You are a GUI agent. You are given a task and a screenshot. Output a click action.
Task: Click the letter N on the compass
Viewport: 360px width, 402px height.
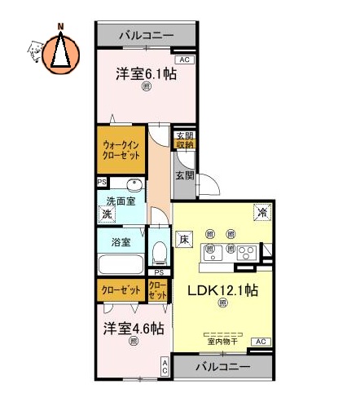(x=59, y=26)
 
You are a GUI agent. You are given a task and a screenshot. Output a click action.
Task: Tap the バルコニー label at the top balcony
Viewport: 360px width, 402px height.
(x=146, y=36)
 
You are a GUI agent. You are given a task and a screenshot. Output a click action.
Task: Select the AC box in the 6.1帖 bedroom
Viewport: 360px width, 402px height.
(x=184, y=60)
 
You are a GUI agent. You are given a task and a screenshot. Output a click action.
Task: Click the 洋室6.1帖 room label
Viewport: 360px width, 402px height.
(x=146, y=73)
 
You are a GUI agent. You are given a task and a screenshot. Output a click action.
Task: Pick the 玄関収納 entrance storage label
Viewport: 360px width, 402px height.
(x=185, y=139)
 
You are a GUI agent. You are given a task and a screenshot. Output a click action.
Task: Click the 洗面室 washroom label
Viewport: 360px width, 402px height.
(x=121, y=201)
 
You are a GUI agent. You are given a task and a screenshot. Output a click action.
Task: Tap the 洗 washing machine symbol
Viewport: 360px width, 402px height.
(x=106, y=214)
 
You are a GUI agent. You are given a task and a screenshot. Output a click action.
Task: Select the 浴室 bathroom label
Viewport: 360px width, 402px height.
(x=121, y=242)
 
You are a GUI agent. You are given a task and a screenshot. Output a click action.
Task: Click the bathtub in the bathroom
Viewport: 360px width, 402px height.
(x=121, y=265)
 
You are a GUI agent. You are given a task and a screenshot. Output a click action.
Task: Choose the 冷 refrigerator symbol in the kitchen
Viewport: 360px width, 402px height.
(x=262, y=210)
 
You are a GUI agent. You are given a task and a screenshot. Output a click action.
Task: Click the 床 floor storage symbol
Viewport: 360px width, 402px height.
(x=185, y=240)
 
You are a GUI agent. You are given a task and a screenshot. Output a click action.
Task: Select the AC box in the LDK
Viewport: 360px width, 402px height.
(x=261, y=341)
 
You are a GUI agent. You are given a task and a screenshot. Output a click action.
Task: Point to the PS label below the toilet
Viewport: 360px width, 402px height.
(x=160, y=272)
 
